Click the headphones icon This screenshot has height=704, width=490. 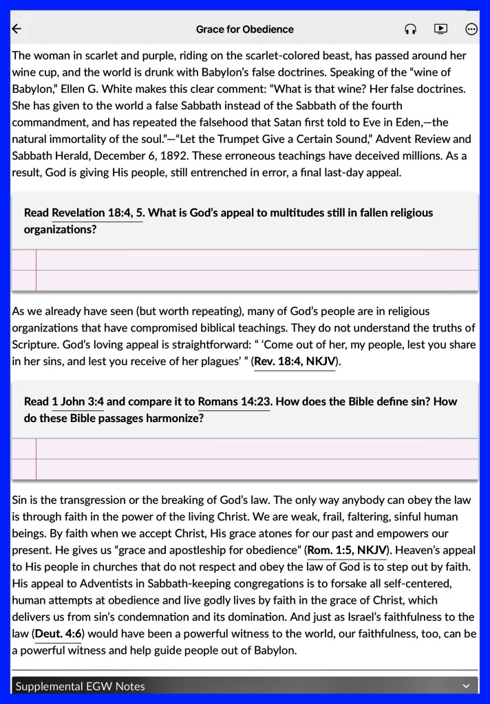coord(410,29)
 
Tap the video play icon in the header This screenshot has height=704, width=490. coord(440,29)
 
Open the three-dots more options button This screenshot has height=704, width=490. coord(471,29)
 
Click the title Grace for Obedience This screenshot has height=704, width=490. coord(244,29)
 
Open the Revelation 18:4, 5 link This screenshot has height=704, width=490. coord(97,213)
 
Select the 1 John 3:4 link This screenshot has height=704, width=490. coord(78,401)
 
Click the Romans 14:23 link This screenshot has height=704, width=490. coord(234,401)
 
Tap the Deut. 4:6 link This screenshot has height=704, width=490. coord(58,632)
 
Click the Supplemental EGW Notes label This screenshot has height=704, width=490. coord(80,686)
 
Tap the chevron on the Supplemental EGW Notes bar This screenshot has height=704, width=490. coord(466,686)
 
